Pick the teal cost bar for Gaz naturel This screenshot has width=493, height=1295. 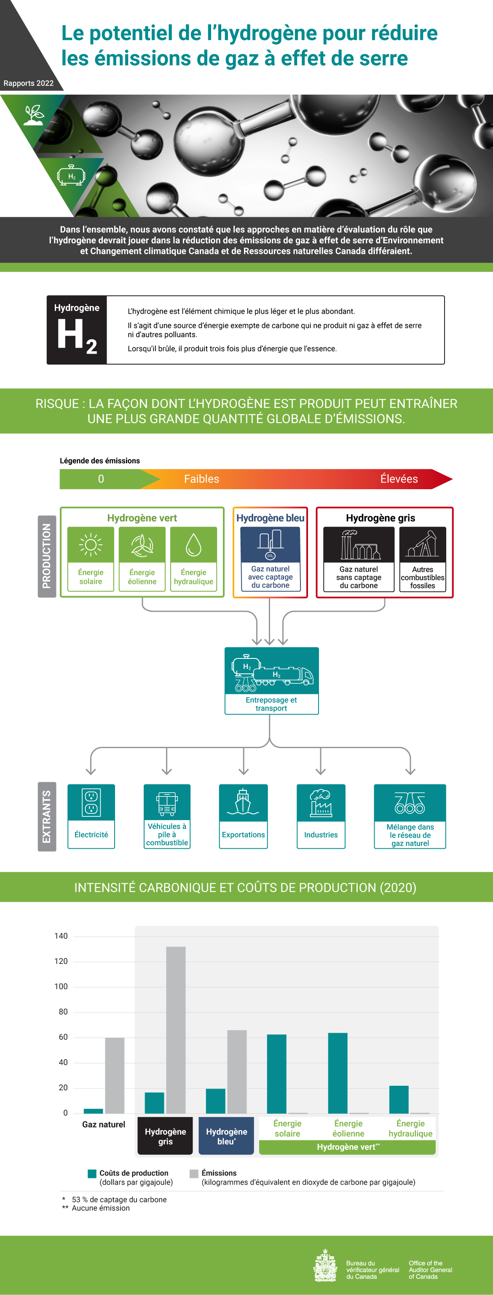click(93, 1111)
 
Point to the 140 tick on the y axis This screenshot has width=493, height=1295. click(61, 936)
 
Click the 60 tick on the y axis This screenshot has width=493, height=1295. click(63, 1037)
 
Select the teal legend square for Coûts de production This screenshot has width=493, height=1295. click(92, 1173)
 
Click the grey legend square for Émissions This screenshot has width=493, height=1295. click(194, 1173)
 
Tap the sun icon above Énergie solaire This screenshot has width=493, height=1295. click(91, 545)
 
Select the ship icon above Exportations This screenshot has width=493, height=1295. click(243, 802)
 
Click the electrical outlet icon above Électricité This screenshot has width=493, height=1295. click(91, 802)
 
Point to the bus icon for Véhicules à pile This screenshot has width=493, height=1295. click(167, 802)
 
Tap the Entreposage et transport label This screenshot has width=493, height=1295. click(271, 704)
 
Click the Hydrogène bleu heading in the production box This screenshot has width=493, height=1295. click(270, 518)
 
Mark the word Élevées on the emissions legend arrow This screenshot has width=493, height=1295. click(399, 479)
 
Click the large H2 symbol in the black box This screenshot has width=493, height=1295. click(76, 336)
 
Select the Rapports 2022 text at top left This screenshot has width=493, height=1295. click(29, 83)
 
